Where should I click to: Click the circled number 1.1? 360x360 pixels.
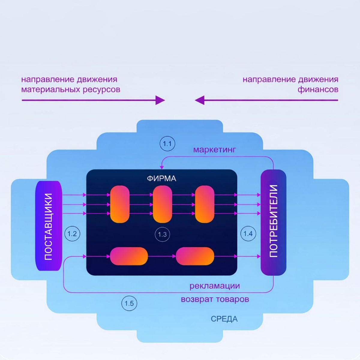coord(167,144)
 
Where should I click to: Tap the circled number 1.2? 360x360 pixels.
coord(72,234)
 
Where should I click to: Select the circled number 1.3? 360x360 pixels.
coord(162,234)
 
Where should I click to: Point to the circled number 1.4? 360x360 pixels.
coord(248,234)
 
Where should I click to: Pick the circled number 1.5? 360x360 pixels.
coord(129,303)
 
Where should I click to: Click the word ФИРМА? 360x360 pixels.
coord(161,178)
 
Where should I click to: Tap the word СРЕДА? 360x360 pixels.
coord(224,319)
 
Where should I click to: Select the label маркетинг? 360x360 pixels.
coord(214,149)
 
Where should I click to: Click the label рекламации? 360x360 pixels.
coord(214,286)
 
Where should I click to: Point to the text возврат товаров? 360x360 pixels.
coord(215,299)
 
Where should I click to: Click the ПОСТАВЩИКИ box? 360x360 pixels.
coord(49,226)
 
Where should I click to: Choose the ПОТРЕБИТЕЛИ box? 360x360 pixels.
coord(273,222)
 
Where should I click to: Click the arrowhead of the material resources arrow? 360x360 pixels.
coord(160,100)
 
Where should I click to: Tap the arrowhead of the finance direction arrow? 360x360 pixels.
coord(199,100)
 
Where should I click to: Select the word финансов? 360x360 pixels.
coord(318,89)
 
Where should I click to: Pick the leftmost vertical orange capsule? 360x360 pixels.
coord(120,204)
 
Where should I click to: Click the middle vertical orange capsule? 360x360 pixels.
coord(162,204)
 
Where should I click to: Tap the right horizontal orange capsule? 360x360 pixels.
coord(195,256)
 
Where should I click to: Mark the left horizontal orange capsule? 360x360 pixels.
coord(129,256)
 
